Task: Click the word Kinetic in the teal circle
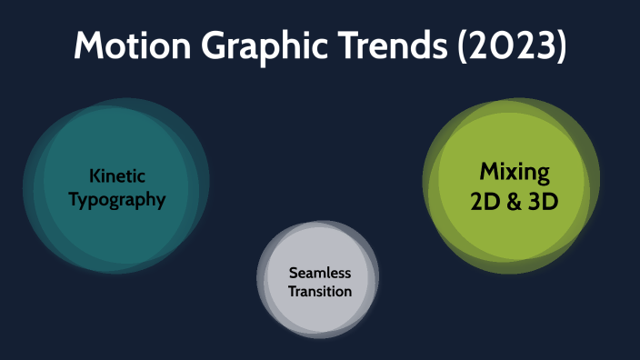pos(117,175)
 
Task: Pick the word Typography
pos(117,198)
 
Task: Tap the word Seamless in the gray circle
pos(319,273)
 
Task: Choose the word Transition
pos(319,291)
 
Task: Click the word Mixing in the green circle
pos(514,172)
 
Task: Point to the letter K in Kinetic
pos(95,175)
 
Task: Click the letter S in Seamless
pos(293,273)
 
